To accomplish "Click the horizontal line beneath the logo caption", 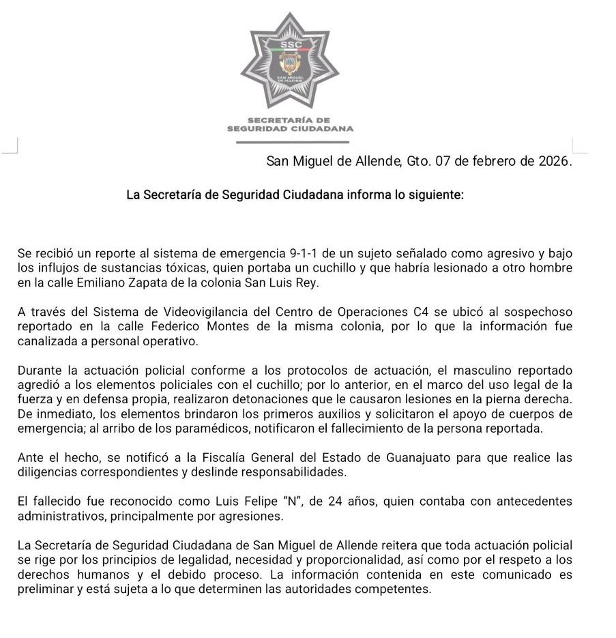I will (291, 142).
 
